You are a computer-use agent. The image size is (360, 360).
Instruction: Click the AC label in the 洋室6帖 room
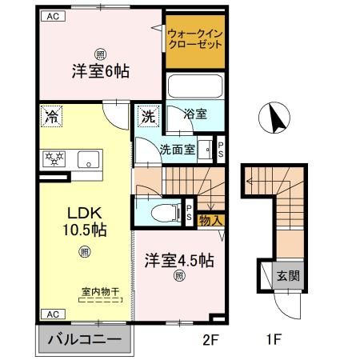coord(50,16)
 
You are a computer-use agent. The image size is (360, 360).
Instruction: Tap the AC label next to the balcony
coord(50,314)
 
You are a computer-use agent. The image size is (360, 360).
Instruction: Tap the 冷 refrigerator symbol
coord(51,115)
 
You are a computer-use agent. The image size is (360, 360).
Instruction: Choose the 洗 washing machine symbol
coord(148,115)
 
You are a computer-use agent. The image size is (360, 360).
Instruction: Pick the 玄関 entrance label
coord(287,276)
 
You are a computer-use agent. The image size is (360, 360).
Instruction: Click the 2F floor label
coord(210,340)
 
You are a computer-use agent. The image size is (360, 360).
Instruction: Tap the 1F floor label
coord(274,340)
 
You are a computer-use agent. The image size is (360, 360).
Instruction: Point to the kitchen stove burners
coord(58,157)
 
